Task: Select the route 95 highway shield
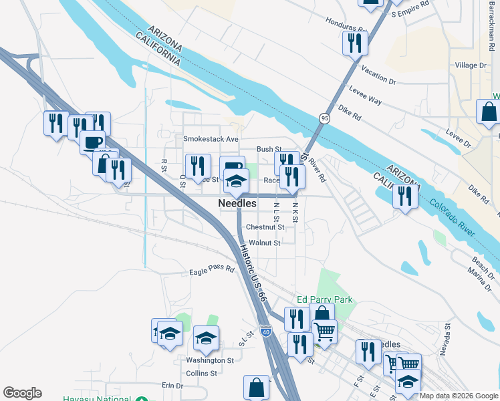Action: (x=324, y=118)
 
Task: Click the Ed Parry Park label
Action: (x=325, y=300)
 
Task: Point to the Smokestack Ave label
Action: (x=211, y=139)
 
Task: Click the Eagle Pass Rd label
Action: (x=212, y=269)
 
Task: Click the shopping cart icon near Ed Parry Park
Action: (x=324, y=331)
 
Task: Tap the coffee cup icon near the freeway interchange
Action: (x=92, y=142)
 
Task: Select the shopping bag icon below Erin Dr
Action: (x=257, y=387)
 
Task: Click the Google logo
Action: (x=22, y=393)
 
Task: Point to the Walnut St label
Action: (x=264, y=243)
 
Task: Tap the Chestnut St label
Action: (x=265, y=227)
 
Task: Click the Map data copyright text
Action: (x=459, y=396)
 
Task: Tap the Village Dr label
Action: (x=471, y=65)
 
